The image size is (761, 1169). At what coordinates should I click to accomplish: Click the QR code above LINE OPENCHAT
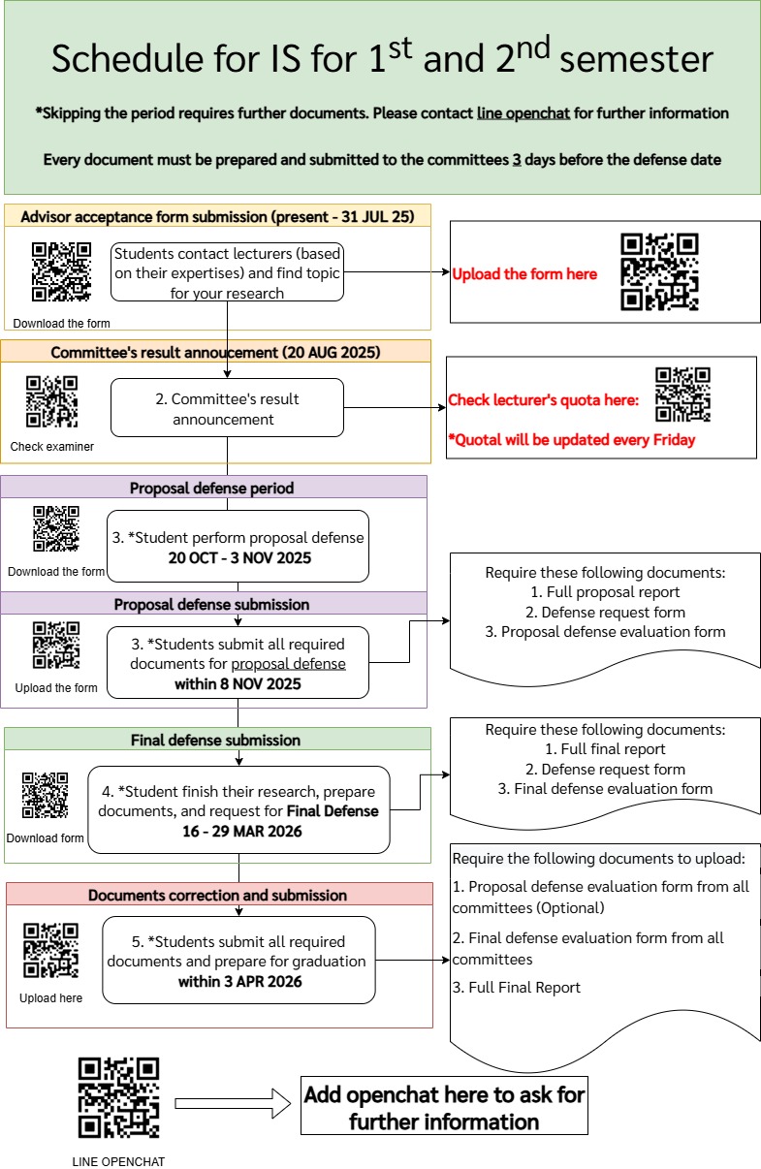[118, 1097]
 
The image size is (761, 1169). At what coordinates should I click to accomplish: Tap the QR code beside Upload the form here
[659, 272]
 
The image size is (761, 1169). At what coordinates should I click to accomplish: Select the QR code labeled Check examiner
[51, 401]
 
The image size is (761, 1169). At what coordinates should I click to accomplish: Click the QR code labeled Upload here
[50, 950]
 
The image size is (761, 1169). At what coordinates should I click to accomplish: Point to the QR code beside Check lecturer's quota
[682, 395]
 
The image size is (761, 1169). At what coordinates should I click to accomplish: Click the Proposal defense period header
[211, 488]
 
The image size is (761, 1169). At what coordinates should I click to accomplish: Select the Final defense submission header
[215, 740]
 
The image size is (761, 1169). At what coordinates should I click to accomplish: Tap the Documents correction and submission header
[217, 895]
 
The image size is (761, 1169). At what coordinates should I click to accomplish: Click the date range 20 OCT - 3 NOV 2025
[238, 557]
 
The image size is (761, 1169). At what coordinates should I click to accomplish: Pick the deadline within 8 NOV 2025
[238, 683]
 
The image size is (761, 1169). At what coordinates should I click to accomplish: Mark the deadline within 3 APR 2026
[239, 981]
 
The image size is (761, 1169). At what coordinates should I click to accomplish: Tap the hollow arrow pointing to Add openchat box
[233, 1102]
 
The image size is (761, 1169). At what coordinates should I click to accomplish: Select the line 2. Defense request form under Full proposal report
[605, 612]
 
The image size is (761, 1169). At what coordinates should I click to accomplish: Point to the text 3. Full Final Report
[517, 987]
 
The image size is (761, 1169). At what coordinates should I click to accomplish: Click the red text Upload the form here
[524, 274]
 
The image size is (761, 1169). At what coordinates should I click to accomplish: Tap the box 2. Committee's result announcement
[227, 409]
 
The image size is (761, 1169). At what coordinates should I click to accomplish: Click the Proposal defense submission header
[211, 604]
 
